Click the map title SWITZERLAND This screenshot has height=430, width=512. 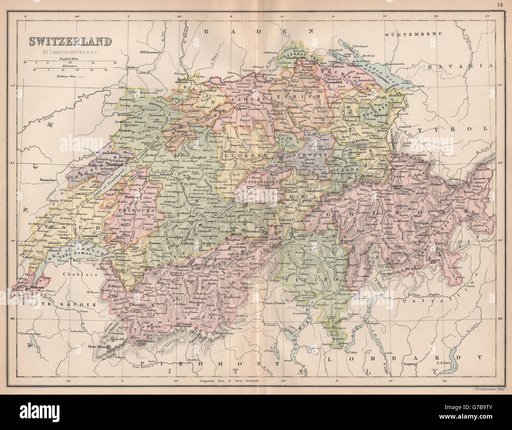pyautogui.click(x=69, y=41)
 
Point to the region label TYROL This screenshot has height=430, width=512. pyautogui.click(x=453, y=129)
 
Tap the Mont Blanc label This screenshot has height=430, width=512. pyautogui.click(x=93, y=347)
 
